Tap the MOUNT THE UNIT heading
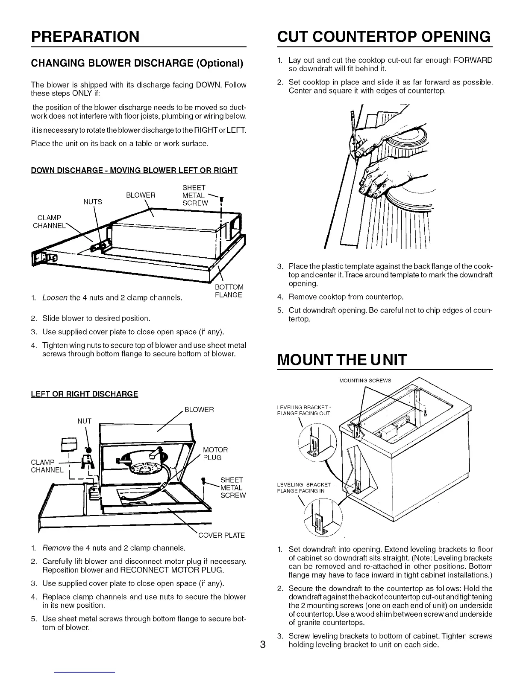(x=342, y=360)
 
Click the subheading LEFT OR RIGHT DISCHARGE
(x=84, y=394)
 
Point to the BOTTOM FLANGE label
(x=229, y=291)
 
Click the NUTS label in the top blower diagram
(x=93, y=202)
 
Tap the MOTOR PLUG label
(x=215, y=454)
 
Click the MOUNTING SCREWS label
(x=365, y=381)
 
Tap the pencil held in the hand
(x=354, y=137)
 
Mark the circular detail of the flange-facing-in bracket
(x=320, y=518)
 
